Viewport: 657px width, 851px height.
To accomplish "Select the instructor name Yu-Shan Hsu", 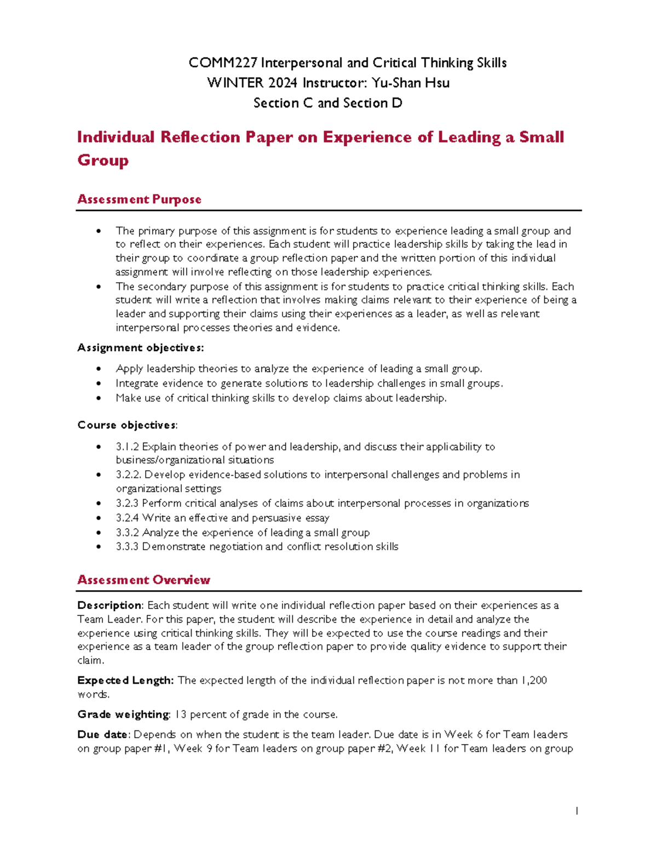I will (411, 83).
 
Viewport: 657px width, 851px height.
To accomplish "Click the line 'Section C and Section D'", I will (328, 103).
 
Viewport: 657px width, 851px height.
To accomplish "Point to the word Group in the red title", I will (103, 161).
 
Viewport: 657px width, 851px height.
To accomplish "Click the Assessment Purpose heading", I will (139, 199).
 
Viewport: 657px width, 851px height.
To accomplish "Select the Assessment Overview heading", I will (143, 580).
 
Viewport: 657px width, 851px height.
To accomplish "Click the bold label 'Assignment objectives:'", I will (141, 348).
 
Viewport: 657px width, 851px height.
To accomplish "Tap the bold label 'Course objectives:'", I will (128, 425).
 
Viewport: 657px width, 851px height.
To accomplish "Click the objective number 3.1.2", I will (127, 447).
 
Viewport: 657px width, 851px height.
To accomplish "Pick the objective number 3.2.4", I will (127, 518).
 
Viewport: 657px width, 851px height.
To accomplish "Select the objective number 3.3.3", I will (127, 547).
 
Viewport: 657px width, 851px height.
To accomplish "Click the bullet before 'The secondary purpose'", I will (99, 287).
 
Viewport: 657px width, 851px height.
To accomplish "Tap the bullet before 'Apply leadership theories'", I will (99, 369).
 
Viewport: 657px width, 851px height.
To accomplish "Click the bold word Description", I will (109, 606).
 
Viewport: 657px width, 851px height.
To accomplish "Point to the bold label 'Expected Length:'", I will (125, 681).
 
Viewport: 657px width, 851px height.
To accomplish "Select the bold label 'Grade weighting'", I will (123, 715).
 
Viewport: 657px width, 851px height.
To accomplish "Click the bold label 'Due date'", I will (103, 735).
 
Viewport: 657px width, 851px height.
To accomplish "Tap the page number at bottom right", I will (577, 811).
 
